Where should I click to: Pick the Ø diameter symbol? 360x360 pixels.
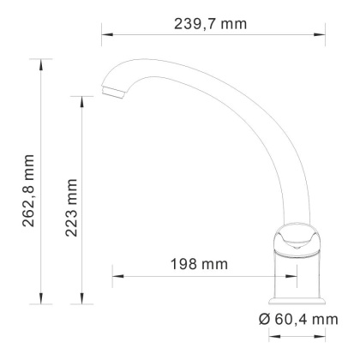[x=264, y=319]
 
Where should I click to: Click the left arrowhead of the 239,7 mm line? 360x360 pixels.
[x=105, y=36]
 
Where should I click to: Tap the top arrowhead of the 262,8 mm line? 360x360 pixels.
[x=41, y=63]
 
